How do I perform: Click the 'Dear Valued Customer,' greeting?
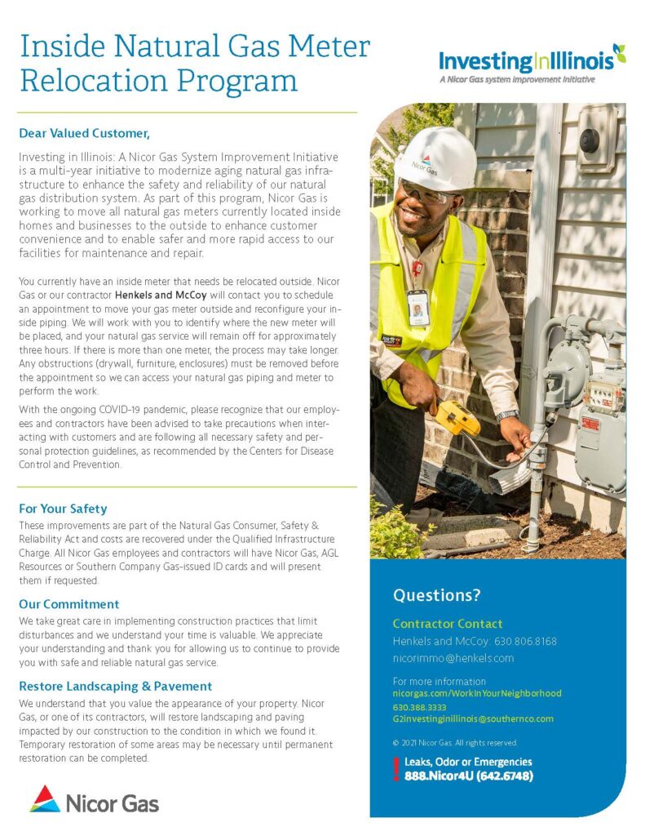[86, 132]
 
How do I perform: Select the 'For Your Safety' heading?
[64, 509]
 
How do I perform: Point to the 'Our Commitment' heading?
[69, 604]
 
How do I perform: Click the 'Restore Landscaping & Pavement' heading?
[116, 686]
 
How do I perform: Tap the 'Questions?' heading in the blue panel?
[437, 594]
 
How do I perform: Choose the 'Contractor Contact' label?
[448, 624]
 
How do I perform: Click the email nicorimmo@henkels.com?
[453, 657]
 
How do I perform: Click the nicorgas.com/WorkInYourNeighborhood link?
[477, 693]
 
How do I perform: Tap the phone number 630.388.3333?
[419, 706]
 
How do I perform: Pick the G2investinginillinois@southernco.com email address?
[473, 718]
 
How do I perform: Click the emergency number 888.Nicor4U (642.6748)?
[469, 776]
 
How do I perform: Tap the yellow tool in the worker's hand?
[457, 416]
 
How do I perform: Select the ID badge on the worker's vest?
[417, 307]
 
